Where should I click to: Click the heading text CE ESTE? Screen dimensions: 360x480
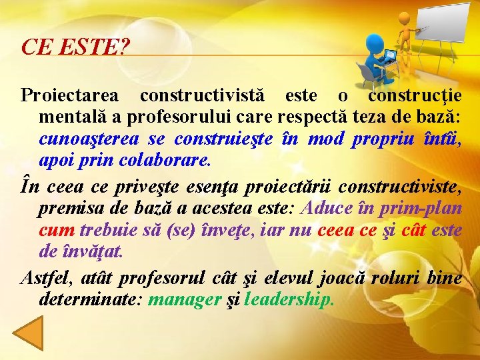[x=75, y=47]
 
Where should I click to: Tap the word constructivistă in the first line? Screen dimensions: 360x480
[x=200, y=95]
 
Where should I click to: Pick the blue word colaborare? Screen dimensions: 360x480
[x=164, y=161]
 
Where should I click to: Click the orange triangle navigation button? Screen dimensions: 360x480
[x=29, y=333]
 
